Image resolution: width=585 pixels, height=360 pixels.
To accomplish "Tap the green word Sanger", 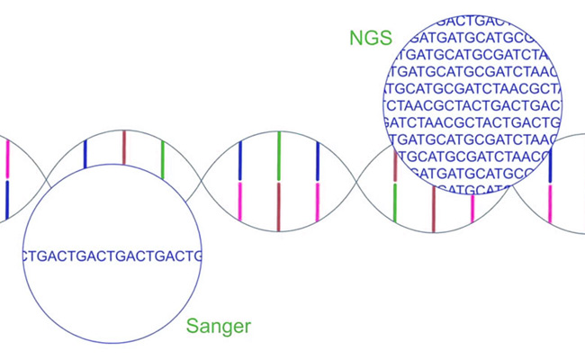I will tap(219, 326).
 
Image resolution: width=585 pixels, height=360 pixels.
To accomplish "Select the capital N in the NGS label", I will tap(355, 39).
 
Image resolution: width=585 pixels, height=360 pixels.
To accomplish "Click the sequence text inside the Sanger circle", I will tap(112, 256).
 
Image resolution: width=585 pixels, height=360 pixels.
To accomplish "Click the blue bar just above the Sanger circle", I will tap(85, 154).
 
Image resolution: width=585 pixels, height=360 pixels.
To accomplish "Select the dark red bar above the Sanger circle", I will tap(124, 148).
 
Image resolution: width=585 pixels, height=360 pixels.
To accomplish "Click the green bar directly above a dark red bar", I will tap(279, 156).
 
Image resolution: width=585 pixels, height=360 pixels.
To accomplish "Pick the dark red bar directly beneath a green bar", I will tap(279, 206).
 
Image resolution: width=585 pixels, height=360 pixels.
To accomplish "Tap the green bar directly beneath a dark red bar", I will tap(395, 202).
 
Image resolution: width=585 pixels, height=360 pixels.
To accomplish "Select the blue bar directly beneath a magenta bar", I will tap(7, 200).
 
